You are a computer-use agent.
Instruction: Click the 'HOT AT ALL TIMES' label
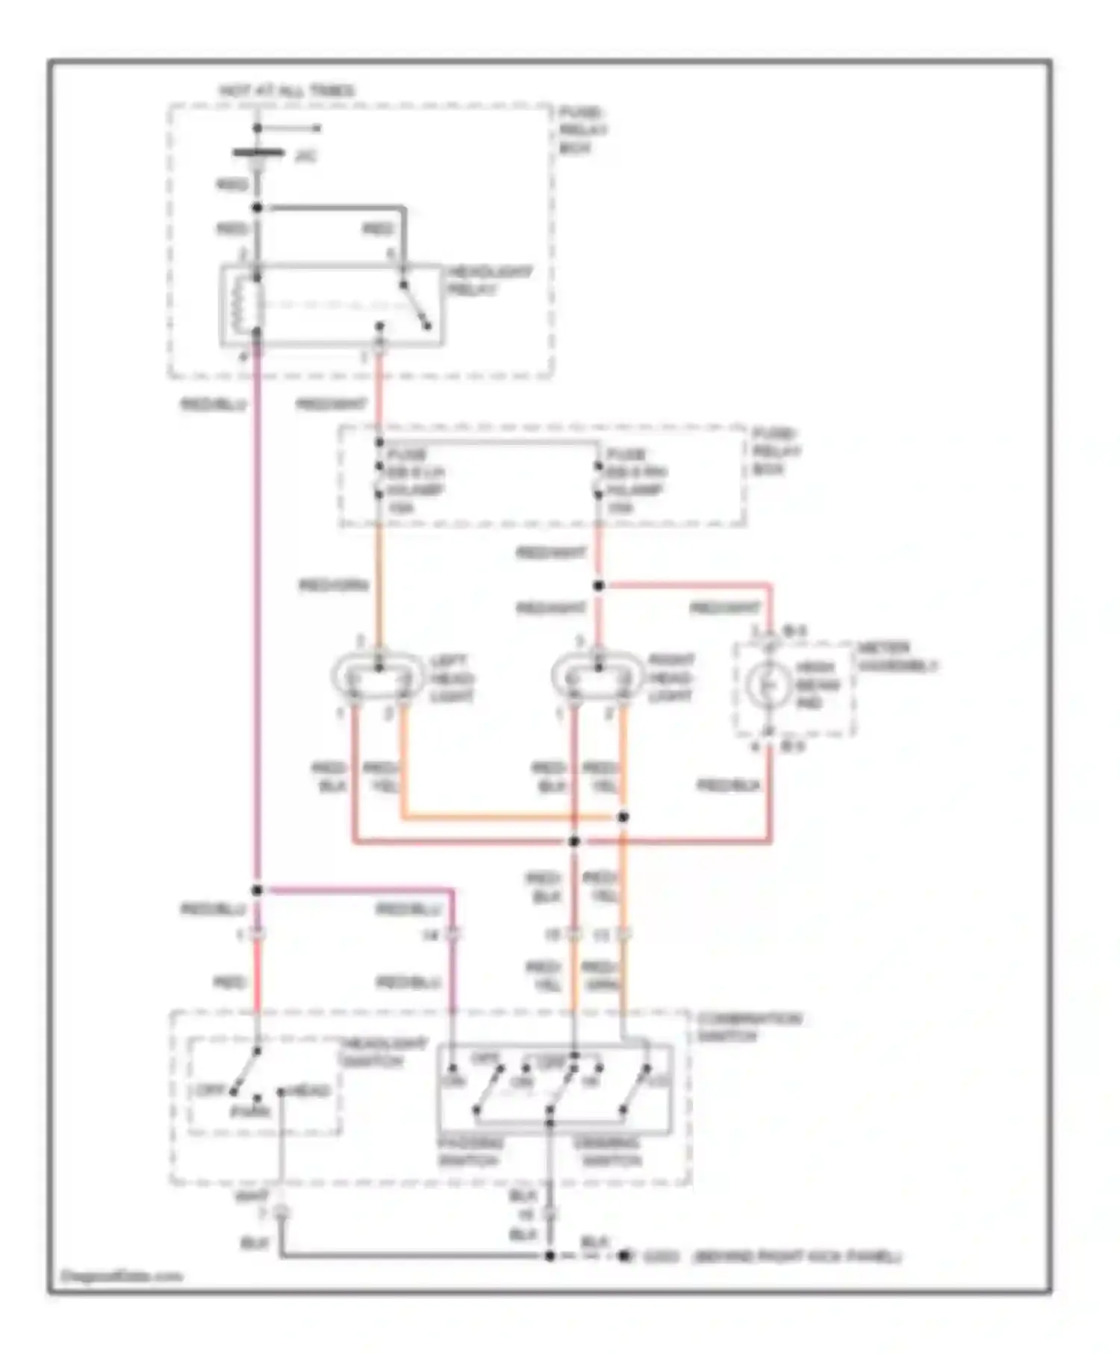click(287, 91)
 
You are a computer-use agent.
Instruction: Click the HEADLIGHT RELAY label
click(489, 281)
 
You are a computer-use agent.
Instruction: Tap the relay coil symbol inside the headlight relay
click(243, 305)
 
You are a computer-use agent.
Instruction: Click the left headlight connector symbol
click(379, 676)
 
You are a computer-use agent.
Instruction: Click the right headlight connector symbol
click(597, 676)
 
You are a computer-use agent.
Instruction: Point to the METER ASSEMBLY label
click(897, 657)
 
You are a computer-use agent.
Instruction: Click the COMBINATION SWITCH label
click(749, 1027)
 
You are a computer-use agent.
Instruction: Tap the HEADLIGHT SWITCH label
click(383, 1052)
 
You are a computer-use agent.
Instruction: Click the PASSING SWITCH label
click(470, 1152)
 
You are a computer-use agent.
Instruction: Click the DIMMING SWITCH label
click(608, 1152)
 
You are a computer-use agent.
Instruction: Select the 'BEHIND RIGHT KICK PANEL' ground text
click(797, 1257)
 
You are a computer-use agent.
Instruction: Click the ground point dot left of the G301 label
click(623, 1256)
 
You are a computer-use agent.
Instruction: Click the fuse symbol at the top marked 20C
click(258, 154)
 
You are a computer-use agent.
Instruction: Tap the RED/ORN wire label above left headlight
click(334, 585)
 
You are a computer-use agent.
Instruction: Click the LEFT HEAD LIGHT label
click(452, 678)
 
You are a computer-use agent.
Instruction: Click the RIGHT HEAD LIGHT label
click(671, 678)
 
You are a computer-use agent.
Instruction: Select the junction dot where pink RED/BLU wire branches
click(257, 890)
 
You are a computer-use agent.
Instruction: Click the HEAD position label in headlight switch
click(309, 1091)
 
